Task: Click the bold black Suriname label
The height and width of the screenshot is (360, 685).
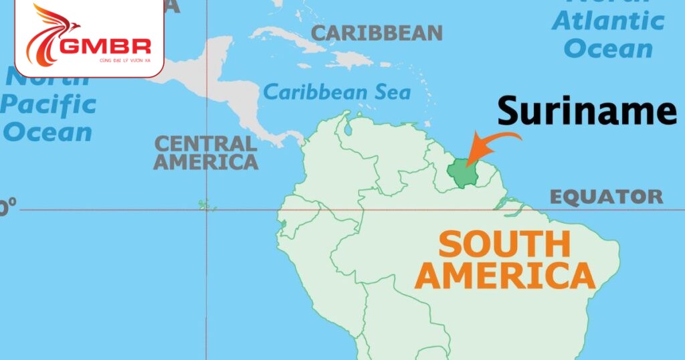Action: (x=587, y=110)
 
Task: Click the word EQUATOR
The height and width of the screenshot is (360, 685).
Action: (x=606, y=197)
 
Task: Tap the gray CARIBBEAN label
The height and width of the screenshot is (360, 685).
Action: (x=377, y=33)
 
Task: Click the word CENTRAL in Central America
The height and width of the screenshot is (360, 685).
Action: (x=205, y=143)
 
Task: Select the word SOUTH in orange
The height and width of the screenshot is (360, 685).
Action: (x=504, y=245)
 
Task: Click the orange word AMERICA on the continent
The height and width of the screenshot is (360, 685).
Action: (x=505, y=275)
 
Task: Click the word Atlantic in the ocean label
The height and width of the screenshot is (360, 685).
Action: (x=608, y=21)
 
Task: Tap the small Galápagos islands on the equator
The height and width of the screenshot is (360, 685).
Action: (x=204, y=205)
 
